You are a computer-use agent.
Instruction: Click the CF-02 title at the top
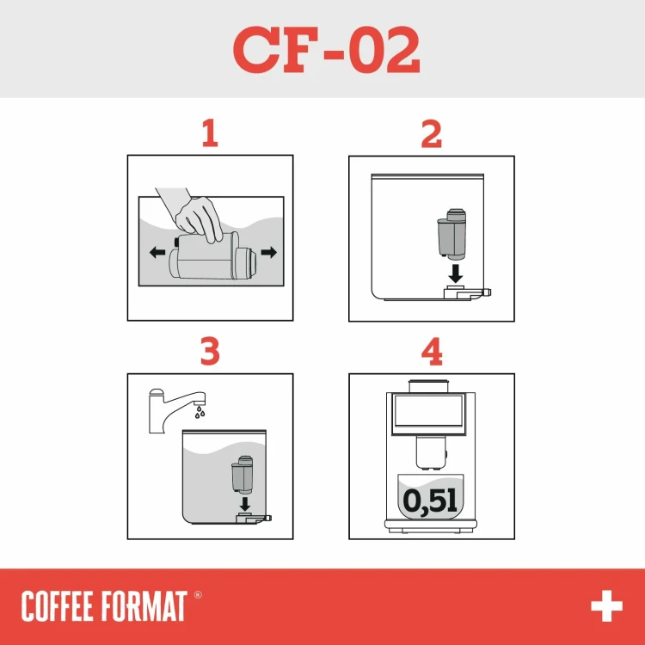326,50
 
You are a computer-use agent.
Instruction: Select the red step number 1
209,134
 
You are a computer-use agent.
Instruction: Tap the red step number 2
431,134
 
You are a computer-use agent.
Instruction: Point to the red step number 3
209,352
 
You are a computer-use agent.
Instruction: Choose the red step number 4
431,352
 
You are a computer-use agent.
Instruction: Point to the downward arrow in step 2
457,273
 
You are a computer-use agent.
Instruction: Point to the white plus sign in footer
605,606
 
